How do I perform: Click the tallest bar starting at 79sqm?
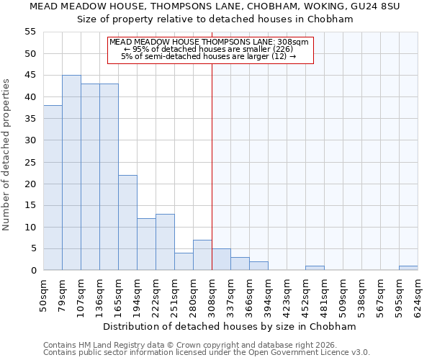tap(71, 173)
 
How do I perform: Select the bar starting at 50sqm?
tap(53, 188)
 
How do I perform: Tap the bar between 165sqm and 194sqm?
tap(127, 222)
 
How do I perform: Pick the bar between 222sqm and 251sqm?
tap(165, 243)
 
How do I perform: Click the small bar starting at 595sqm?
tap(408, 268)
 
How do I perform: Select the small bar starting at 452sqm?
tap(315, 268)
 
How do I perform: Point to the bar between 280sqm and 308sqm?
tap(202, 256)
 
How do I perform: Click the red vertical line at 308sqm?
tap(212, 166)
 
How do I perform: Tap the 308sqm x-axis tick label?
tap(212, 294)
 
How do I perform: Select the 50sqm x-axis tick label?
tap(44, 294)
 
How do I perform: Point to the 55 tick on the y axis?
tap(30, 32)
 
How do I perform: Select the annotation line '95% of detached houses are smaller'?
tap(208, 49)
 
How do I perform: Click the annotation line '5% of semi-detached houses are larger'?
tap(208, 56)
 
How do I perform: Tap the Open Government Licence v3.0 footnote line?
tap(207, 353)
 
